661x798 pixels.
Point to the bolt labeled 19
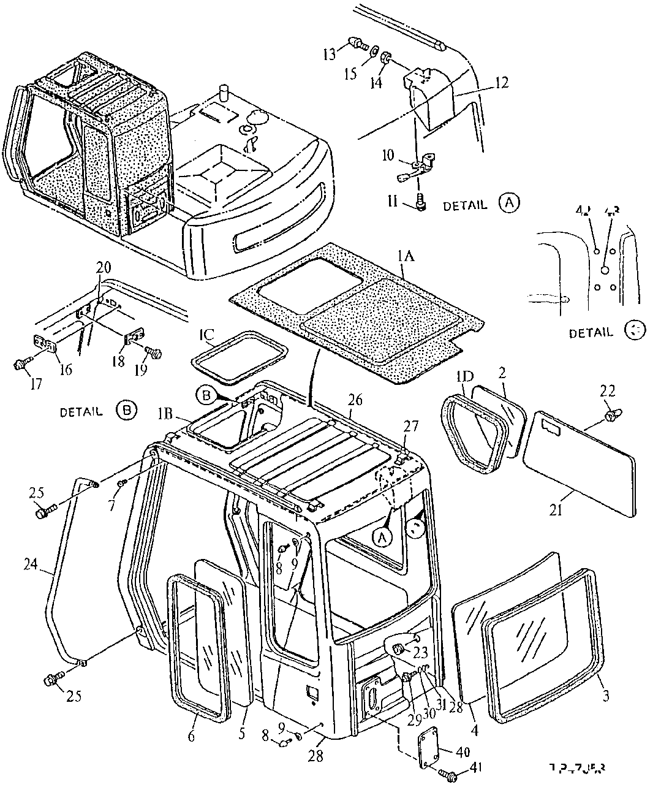[x=154, y=353]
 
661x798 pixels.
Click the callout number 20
[x=104, y=267]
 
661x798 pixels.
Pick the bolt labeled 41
[x=452, y=776]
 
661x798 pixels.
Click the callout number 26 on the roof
[x=355, y=401]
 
